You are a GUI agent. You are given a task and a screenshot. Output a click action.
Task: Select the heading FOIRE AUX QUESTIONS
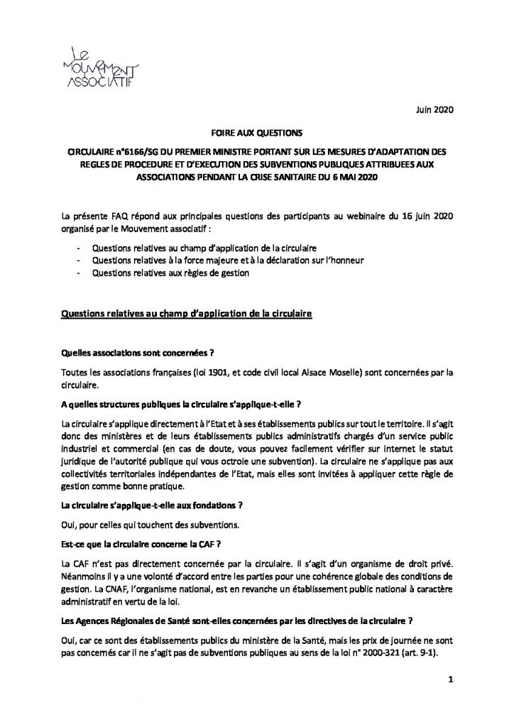point(256,132)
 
